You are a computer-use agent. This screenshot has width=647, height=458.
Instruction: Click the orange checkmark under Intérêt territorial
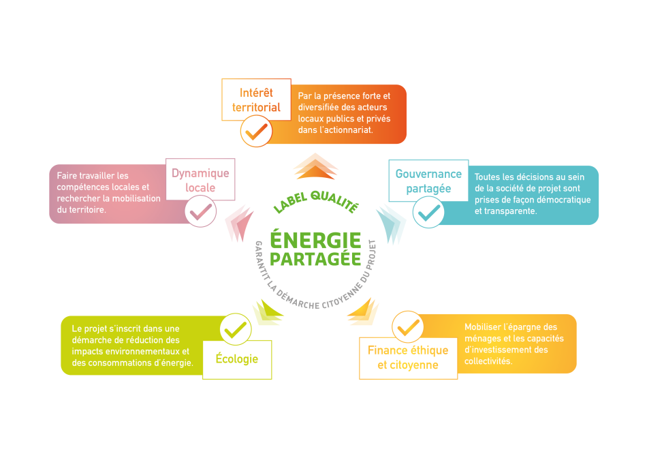point(256,132)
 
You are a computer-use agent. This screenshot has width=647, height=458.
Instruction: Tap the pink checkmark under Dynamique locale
point(200,212)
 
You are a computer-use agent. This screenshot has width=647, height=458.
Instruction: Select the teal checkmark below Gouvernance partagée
point(428,213)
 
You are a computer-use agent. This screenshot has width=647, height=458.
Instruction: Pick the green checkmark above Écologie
point(236,330)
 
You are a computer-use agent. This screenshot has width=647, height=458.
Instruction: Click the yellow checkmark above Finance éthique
point(408,328)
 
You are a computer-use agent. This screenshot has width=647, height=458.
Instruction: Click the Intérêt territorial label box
point(256,100)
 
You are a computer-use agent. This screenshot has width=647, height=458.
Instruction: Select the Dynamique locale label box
point(200,179)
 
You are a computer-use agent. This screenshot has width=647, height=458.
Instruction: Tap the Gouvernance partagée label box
point(428,181)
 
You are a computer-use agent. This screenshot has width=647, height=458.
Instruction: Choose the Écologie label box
point(237,359)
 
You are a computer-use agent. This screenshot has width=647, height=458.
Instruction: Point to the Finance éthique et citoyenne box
point(408,358)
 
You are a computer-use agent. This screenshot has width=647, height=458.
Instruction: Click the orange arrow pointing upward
point(315,166)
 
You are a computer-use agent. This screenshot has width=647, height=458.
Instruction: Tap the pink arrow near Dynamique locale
point(239,223)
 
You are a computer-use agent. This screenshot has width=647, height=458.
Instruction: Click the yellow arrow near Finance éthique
point(363,311)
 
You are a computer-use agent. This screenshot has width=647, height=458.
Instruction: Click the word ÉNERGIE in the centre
point(315,241)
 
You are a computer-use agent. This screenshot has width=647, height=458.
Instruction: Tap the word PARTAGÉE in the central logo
point(315,259)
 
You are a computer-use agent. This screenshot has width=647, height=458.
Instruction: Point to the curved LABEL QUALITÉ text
point(316,202)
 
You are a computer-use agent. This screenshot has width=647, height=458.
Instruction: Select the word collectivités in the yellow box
point(488,361)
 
